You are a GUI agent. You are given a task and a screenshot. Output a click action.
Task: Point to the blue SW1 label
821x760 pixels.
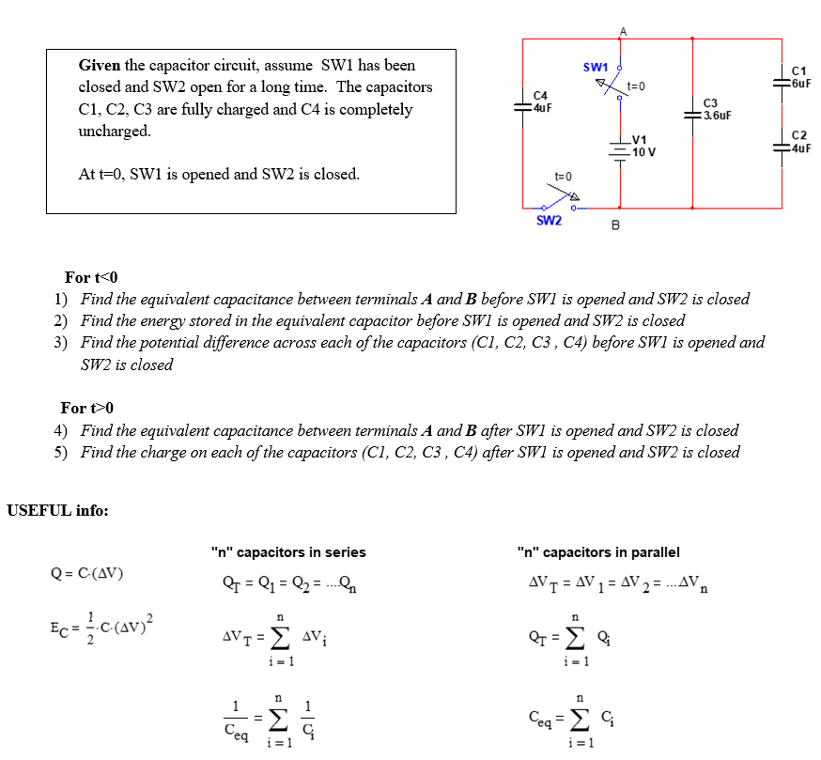(596, 68)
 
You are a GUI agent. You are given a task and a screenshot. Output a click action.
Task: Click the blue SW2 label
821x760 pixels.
(549, 221)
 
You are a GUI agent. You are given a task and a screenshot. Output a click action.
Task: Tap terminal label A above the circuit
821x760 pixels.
(622, 31)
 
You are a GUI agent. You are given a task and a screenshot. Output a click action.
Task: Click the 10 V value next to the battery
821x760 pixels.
(644, 152)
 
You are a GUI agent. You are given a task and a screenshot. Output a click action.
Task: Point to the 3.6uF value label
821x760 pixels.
(717, 116)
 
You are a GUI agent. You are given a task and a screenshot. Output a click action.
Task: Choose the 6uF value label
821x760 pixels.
(801, 83)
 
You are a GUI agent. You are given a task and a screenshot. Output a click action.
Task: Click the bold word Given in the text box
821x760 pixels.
(100, 66)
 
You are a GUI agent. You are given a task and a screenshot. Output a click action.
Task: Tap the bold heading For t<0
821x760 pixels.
(92, 277)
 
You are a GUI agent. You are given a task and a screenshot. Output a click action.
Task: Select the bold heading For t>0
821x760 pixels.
(86, 408)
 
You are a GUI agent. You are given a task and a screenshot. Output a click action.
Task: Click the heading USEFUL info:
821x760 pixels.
(57, 511)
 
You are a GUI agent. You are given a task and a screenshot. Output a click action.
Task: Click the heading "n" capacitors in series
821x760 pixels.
(288, 552)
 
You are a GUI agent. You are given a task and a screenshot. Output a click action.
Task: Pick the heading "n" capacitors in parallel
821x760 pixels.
(598, 552)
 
